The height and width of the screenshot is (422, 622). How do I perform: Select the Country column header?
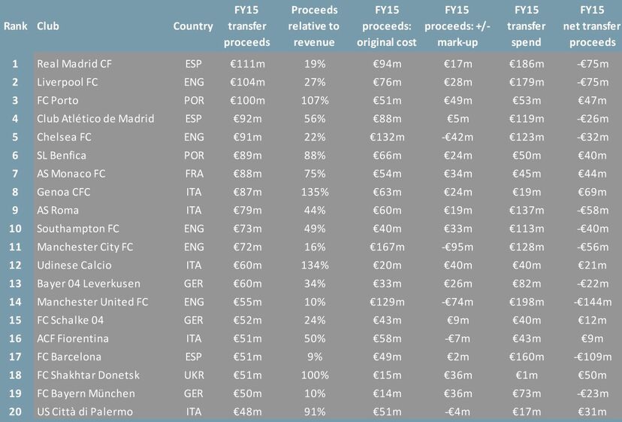click(x=193, y=26)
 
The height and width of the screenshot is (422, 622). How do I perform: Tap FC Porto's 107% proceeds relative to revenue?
click(x=314, y=100)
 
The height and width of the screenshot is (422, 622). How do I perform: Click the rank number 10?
click(x=14, y=229)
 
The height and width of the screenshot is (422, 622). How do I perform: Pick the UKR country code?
click(x=193, y=375)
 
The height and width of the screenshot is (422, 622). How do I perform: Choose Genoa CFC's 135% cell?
click(x=314, y=192)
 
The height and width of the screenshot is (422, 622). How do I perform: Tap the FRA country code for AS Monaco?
click(x=193, y=174)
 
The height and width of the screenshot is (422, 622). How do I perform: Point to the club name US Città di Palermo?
click(x=85, y=411)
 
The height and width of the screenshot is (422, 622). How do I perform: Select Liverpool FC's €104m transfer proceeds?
click(x=246, y=82)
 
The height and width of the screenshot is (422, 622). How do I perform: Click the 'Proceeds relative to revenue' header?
click(x=314, y=26)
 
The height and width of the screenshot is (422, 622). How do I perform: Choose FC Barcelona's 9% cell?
click(x=314, y=357)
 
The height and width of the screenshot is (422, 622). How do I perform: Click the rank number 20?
click(x=14, y=411)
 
